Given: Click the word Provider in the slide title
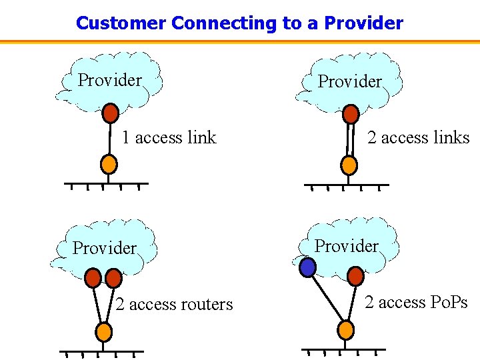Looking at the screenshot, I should tap(363, 23).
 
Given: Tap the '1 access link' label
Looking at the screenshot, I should tap(169, 137).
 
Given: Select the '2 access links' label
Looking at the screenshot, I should tap(419, 137).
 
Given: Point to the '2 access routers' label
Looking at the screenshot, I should tap(174, 305).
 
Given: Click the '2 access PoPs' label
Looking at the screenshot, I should tap(416, 303).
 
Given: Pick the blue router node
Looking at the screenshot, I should tap(307, 268).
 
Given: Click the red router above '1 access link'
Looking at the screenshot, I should tap(111, 113).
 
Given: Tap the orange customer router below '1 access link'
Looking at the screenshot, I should tap(109, 163).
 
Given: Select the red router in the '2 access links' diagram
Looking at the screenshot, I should tap(351, 115).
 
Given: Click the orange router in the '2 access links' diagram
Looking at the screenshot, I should tap(349, 164).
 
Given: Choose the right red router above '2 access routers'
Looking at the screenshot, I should tap(114, 277).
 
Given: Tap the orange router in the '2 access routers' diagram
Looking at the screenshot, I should tap(103, 331).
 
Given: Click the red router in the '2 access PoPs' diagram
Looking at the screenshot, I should tap(355, 275).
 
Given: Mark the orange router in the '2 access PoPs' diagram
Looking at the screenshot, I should tap(345, 329).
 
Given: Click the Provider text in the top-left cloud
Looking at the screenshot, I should tap(110, 80).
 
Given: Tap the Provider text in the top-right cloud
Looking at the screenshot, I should tap(350, 81).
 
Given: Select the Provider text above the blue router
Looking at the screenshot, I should tap(346, 246).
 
